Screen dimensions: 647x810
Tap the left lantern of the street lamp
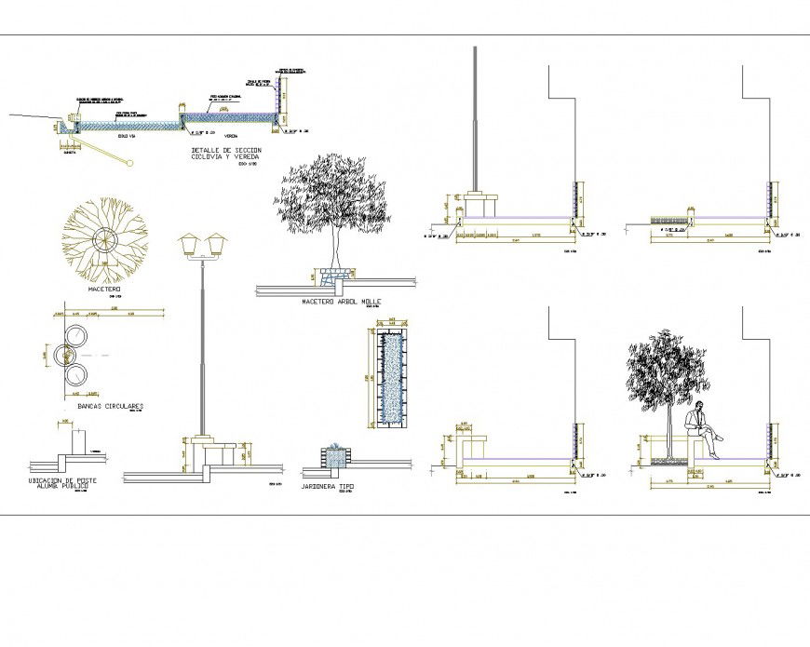[x=191, y=245]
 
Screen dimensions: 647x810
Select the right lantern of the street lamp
[x=219, y=245]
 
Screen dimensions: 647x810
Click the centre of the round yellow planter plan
[x=105, y=240]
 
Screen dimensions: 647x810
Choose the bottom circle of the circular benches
[x=75, y=376]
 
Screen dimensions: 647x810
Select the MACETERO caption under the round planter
[x=105, y=290]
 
